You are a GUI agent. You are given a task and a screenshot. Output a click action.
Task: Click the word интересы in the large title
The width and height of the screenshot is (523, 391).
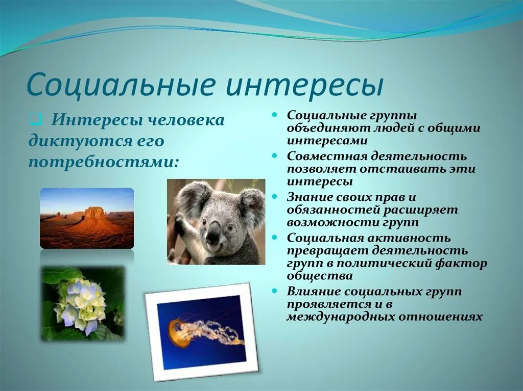(x=304, y=86)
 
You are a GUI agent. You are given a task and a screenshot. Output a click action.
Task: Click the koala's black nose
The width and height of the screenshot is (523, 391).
(x=213, y=232)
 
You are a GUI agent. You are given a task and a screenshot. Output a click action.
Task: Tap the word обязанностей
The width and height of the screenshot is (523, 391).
(x=334, y=211)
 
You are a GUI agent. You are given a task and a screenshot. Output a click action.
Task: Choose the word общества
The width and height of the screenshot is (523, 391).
(x=320, y=276)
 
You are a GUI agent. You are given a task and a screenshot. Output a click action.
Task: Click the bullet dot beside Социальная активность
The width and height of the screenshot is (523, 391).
(x=274, y=238)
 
